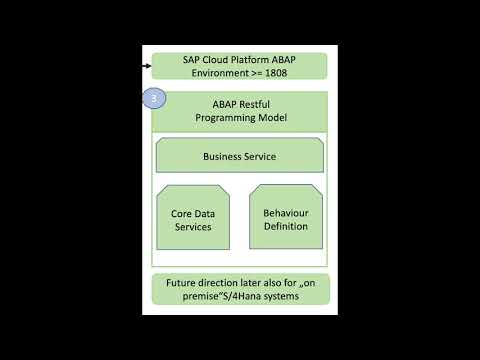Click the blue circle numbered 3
coord(153,98)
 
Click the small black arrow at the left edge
coord(146,67)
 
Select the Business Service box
coord(239,156)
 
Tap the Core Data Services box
coord(192,219)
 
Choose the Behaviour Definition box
coord(286,219)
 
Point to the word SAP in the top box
coord(193,60)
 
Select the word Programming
coord(229,118)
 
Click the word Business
coord(222,157)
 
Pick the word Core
coord(182,213)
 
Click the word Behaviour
coord(286,212)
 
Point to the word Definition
coord(286,226)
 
